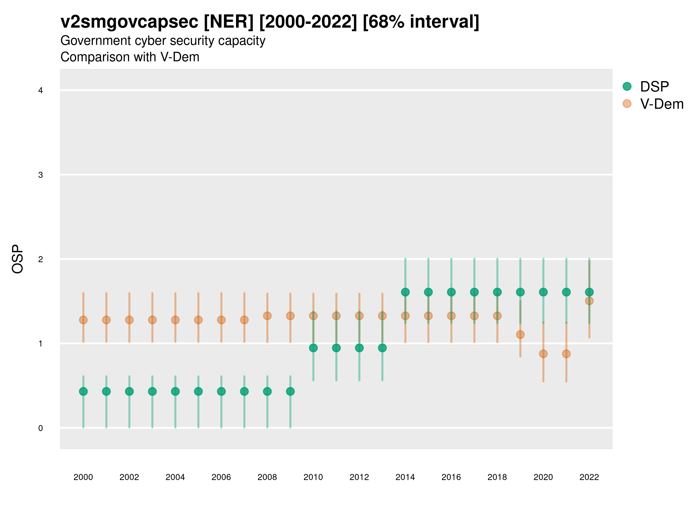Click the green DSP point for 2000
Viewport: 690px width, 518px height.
tap(83, 391)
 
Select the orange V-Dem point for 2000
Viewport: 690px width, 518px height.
tap(83, 320)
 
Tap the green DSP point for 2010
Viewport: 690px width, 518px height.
tap(313, 348)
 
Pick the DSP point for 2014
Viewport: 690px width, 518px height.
tap(405, 292)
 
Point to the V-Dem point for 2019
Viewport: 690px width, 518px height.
tap(520, 334)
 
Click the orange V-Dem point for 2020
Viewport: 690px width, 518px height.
tap(543, 354)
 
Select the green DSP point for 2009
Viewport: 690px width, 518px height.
tap(290, 391)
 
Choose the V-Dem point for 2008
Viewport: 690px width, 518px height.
tap(267, 316)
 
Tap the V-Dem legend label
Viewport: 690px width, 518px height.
tap(662, 104)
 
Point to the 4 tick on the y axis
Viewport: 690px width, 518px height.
tap(41, 91)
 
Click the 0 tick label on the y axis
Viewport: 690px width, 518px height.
tap(41, 428)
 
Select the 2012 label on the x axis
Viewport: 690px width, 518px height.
tap(359, 477)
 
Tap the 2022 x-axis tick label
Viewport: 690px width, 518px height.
tap(589, 477)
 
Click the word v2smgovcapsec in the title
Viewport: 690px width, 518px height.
tap(129, 22)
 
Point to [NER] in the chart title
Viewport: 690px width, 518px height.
tap(229, 22)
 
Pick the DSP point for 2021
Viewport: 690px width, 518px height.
tap(566, 292)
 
